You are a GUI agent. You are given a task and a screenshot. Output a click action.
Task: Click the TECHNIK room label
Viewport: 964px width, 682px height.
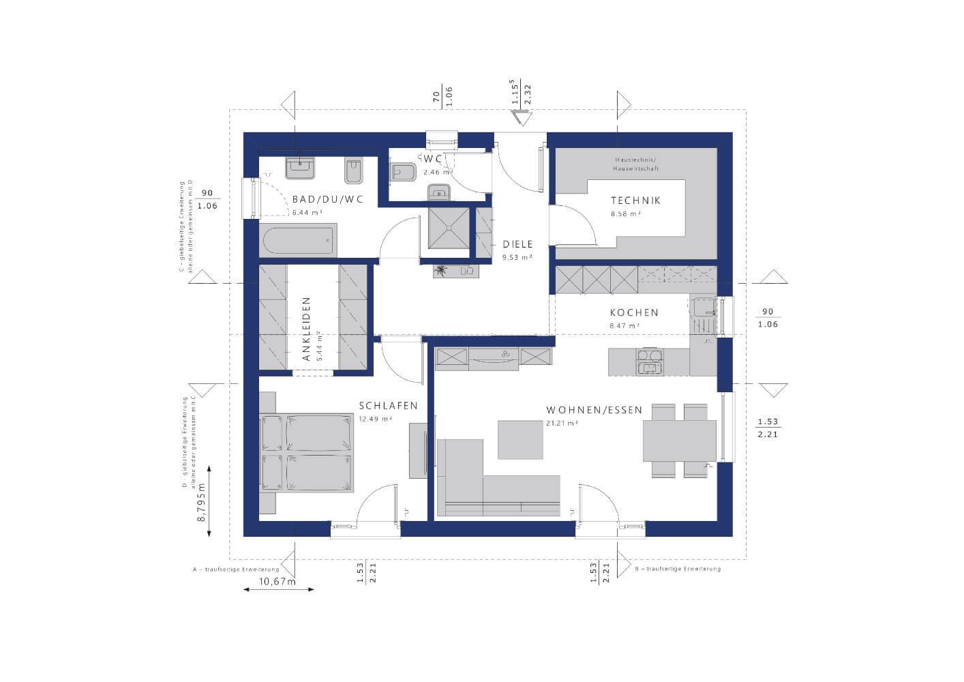click(x=635, y=201)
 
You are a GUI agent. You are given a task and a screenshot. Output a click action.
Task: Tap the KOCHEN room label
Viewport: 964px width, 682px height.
click(x=634, y=313)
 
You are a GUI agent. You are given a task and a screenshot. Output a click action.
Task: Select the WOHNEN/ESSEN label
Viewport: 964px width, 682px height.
click(x=594, y=411)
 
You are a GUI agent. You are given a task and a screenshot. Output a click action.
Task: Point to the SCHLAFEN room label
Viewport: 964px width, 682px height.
click(x=388, y=406)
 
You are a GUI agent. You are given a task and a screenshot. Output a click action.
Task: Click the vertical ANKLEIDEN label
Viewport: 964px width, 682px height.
click(x=306, y=329)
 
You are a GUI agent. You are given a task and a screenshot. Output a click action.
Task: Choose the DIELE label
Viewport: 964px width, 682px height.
click(x=517, y=244)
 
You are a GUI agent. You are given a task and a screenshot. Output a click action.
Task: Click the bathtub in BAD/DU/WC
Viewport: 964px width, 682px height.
click(x=298, y=241)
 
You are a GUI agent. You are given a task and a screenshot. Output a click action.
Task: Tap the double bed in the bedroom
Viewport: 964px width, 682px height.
click(x=307, y=453)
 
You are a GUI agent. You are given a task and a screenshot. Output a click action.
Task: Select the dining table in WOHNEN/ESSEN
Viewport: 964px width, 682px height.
click(x=679, y=441)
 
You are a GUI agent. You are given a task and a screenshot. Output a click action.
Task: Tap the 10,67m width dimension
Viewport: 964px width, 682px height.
click(x=277, y=581)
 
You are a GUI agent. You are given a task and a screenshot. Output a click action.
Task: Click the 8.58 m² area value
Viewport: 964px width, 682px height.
click(x=625, y=214)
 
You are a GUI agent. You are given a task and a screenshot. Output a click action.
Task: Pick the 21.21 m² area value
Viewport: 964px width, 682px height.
click(x=562, y=424)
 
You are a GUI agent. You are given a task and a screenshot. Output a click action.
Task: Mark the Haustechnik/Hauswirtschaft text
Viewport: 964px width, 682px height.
click(x=636, y=164)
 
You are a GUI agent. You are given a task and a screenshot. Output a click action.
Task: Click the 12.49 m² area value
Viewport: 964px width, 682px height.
click(x=376, y=419)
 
